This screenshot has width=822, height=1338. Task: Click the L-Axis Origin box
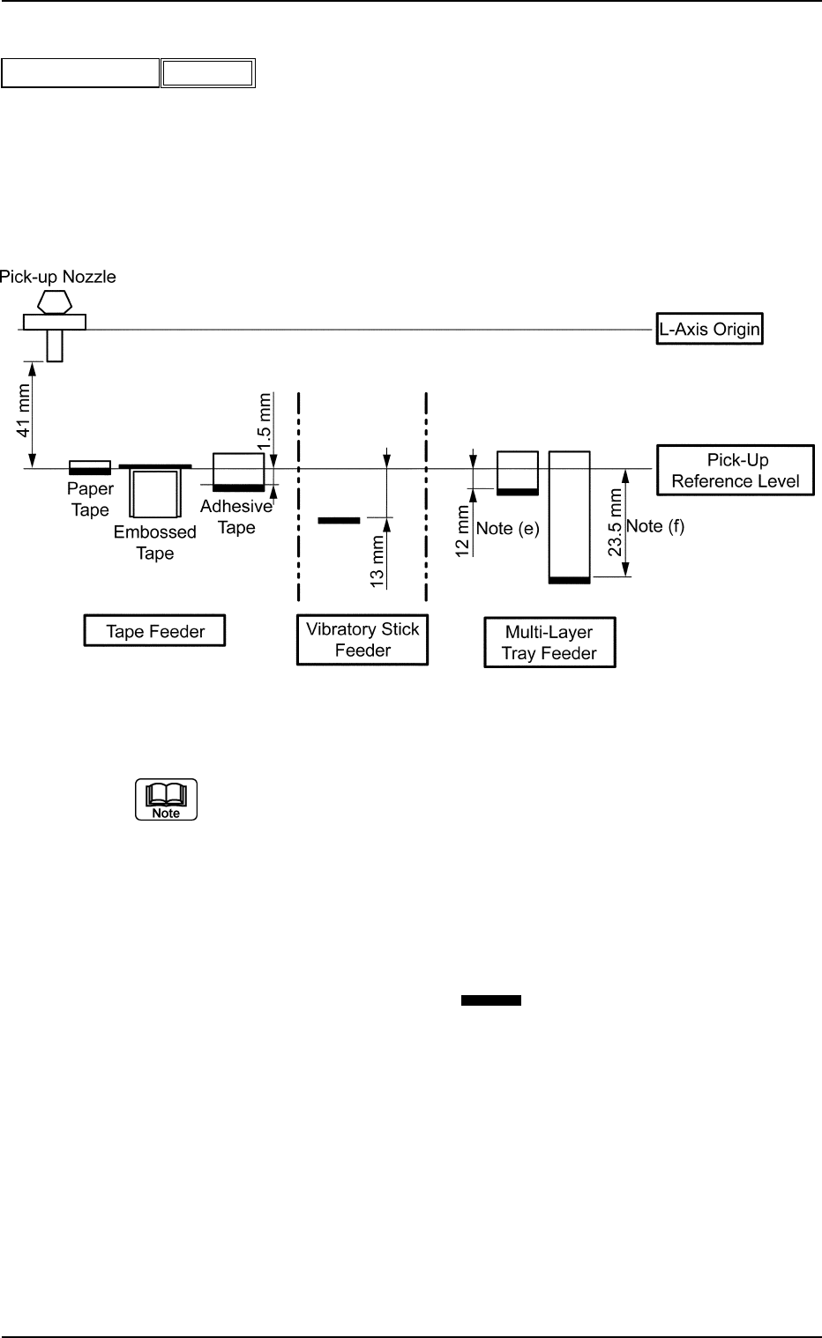(x=709, y=331)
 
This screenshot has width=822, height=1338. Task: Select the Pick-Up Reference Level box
(x=736, y=471)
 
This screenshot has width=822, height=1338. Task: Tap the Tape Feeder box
(x=155, y=631)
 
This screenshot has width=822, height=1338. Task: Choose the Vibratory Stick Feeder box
(x=362, y=640)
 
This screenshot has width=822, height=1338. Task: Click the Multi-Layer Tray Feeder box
(x=549, y=643)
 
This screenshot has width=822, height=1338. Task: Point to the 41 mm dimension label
(x=25, y=411)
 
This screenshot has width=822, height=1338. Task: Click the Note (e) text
(x=507, y=529)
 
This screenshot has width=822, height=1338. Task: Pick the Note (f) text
(x=654, y=526)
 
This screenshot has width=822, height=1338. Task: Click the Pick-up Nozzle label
(x=58, y=277)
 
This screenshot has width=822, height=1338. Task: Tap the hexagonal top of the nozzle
(x=55, y=301)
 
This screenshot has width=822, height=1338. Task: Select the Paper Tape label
(x=90, y=500)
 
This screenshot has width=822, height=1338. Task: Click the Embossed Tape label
(x=154, y=543)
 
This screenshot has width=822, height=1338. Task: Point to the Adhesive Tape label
(x=235, y=517)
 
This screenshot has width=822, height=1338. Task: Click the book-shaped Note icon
(x=166, y=799)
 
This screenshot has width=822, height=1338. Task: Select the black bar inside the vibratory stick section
(x=339, y=521)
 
